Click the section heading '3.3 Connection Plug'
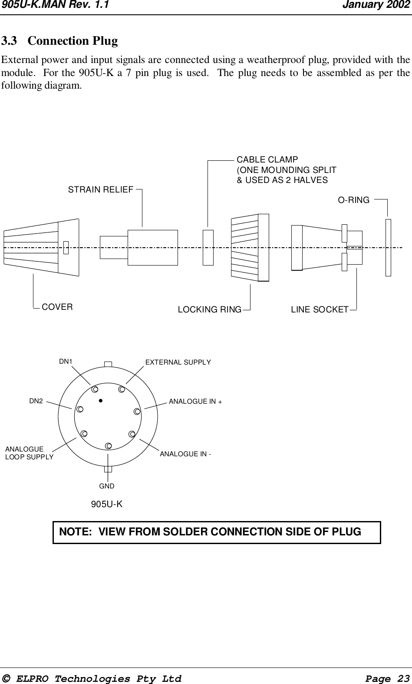tap(59, 41)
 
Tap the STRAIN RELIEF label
tap(101, 190)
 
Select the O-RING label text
tap(354, 200)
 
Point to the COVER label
tap(57, 307)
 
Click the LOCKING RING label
tap(210, 310)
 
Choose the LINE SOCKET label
tap(320, 310)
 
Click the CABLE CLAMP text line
tap(267, 159)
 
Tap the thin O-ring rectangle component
tap(388, 247)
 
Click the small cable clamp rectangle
tap(208, 247)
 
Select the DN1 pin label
tap(66, 361)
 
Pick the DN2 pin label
tap(36, 401)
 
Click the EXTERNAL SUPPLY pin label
tap(178, 362)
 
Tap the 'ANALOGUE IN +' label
tap(195, 402)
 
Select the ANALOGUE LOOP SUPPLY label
tap(29, 453)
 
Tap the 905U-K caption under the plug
tap(106, 504)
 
